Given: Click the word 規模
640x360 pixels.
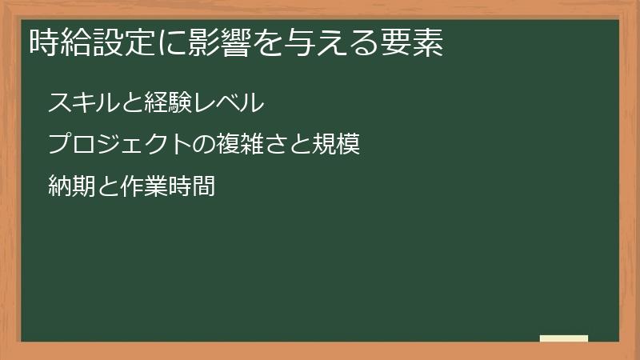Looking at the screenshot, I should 339,146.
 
